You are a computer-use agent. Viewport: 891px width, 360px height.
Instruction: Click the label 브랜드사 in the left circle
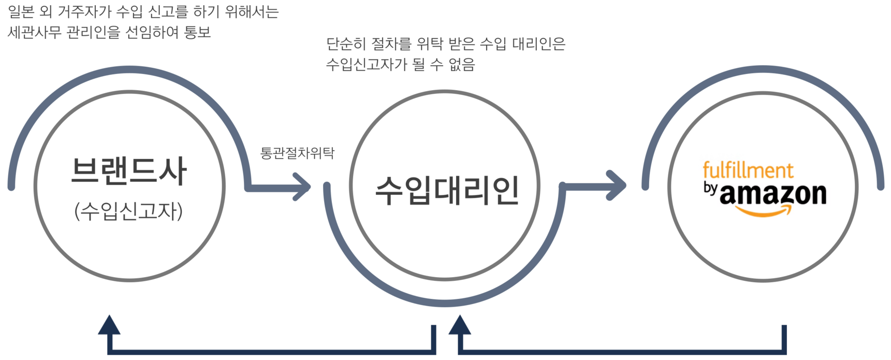(128, 171)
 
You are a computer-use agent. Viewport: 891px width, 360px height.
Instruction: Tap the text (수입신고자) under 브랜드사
(128, 212)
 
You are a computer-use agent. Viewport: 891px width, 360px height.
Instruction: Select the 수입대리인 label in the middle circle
(447, 191)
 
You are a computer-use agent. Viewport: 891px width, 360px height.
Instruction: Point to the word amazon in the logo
(773, 194)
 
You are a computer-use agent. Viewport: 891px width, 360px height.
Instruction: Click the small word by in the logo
(710, 189)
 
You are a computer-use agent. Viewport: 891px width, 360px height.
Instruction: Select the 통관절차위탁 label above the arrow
(297, 153)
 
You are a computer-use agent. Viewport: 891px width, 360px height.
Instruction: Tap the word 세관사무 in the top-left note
(34, 32)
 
